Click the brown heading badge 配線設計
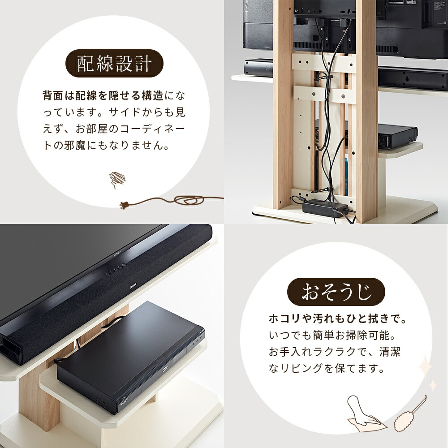coord(114,64)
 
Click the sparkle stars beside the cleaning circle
coord(428,374)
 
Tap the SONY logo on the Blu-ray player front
coord(125,403)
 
